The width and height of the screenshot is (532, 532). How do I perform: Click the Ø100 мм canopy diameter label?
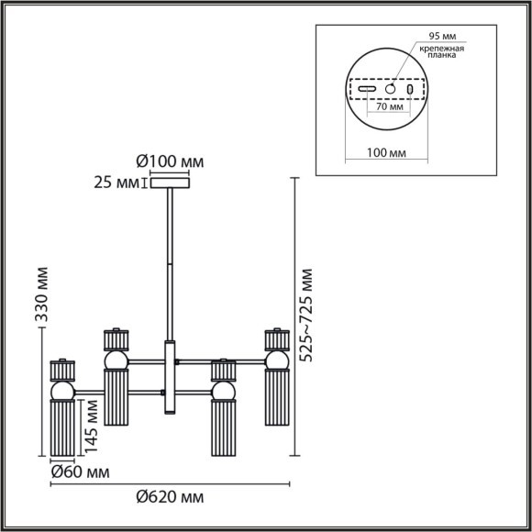[171, 161]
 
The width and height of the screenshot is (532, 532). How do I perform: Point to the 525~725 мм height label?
[307, 316]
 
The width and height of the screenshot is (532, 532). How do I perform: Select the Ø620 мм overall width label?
[170, 497]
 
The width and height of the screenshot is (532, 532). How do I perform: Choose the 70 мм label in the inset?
[391, 107]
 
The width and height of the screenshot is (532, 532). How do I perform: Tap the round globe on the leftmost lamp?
[62, 392]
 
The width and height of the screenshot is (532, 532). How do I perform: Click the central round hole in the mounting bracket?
[390, 90]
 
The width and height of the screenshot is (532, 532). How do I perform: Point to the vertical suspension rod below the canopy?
[169, 266]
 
